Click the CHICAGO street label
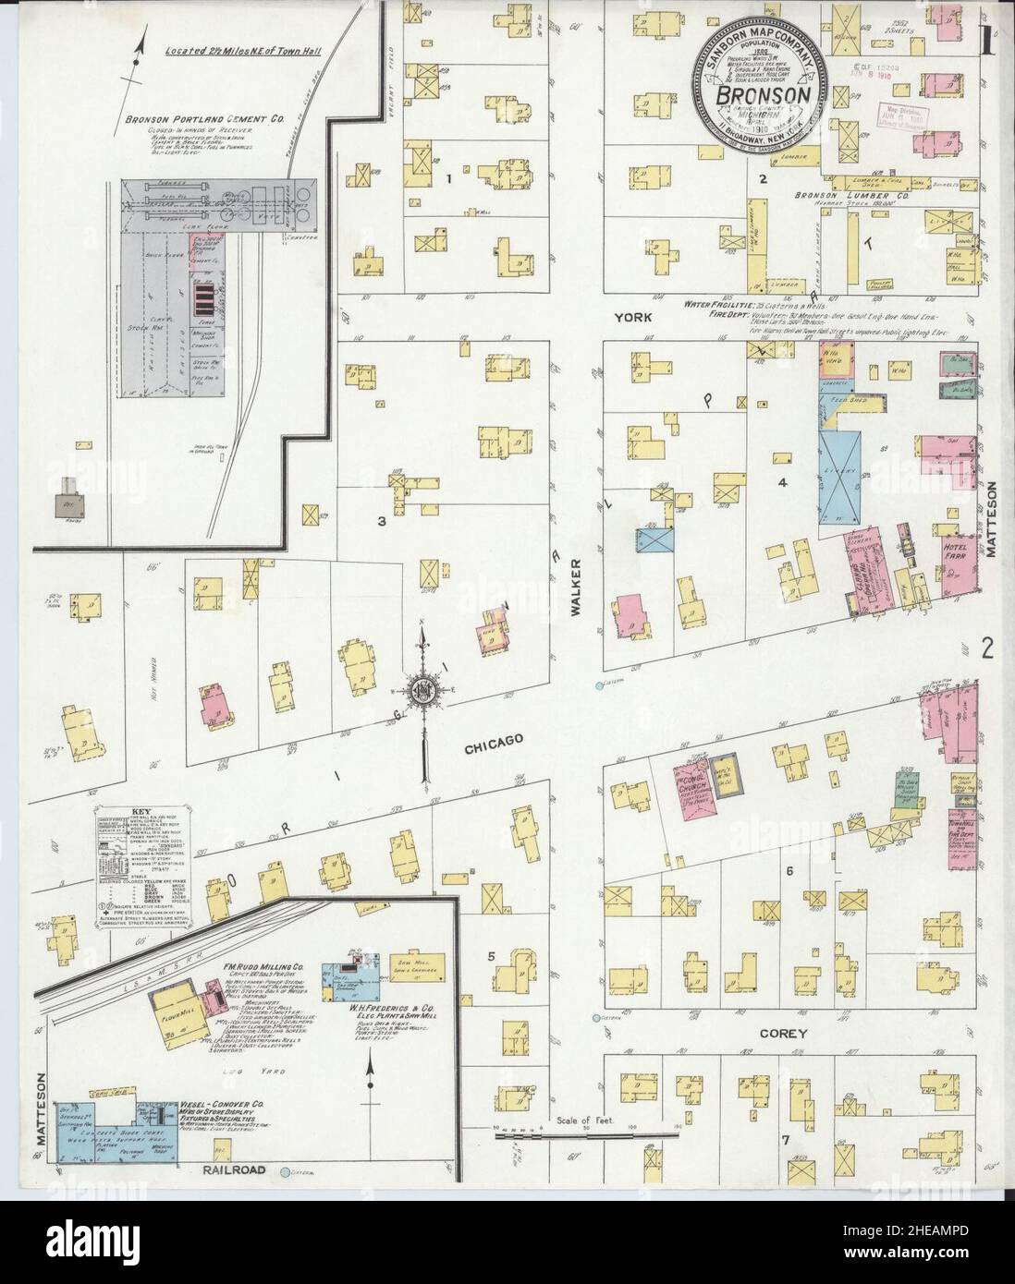click(495, 741)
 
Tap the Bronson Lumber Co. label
click(841, 197)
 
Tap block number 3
click(381, 521)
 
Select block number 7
click(785, 1140)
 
